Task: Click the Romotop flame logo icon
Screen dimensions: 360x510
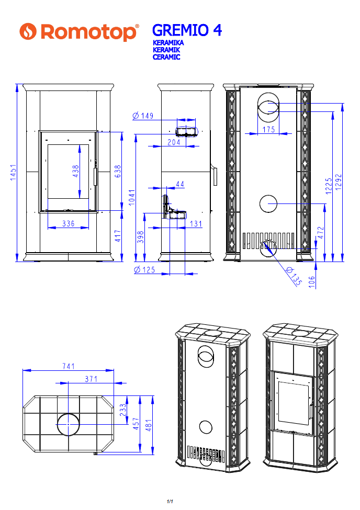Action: tap(28, 31)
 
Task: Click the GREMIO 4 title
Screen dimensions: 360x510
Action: tap(187, 30)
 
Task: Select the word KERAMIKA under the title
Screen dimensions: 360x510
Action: tap(168, 42)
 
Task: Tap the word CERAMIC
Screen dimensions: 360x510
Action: tap(166, 57)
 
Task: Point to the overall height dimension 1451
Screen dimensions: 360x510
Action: tap(13, 173)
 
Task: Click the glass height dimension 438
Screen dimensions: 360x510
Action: tap(75, 171)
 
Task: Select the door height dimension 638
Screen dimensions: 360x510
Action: tap(118, 172)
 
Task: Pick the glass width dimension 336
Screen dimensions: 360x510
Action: tap(69, 223)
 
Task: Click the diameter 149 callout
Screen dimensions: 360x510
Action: tap(143, 116)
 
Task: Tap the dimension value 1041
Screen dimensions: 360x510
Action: tap(131, 197)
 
